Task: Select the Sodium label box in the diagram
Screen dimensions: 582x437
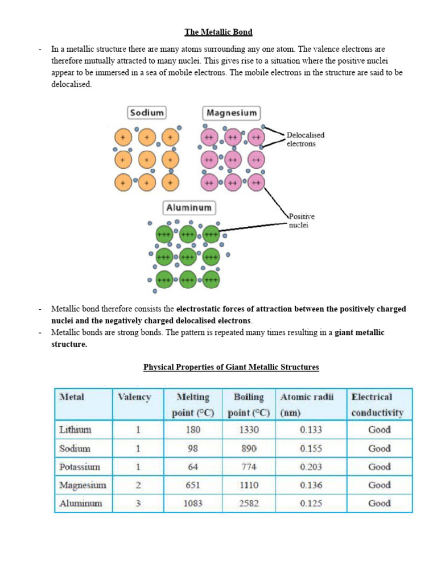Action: click(147, 113)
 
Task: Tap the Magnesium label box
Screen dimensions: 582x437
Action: click(231, 113)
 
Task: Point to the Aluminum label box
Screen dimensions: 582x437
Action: click(188, 207)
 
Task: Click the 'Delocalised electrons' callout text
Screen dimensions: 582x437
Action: click(306, 139)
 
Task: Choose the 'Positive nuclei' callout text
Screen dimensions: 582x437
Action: click(302, 221)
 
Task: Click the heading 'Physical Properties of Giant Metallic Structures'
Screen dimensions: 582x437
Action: click(231, 367)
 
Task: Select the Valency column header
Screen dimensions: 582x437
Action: click(134, 397)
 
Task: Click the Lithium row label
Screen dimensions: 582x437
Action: click(76, 430)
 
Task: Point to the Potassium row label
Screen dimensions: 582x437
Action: click(80, 467)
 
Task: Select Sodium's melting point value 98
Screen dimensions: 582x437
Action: click(193, 448)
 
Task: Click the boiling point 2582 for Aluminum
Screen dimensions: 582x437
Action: click(249, 503)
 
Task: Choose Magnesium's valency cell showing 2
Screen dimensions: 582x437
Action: click(138, 485)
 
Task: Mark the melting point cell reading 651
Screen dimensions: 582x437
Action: click(193, 485)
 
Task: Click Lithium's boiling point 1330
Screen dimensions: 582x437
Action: click(249, 430)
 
